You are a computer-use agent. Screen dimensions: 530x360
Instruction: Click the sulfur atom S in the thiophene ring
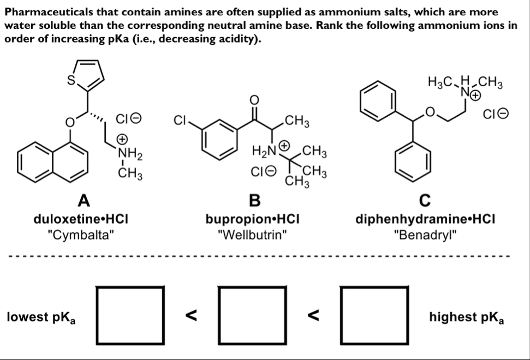71,80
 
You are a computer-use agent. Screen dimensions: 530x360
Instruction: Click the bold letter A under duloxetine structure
84,200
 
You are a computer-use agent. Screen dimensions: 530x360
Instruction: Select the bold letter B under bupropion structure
254,200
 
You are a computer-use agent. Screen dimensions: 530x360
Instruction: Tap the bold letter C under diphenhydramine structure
425,200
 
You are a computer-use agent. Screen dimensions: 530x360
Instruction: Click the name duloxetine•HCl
81,219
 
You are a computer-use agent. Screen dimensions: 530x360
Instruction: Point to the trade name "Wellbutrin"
253,235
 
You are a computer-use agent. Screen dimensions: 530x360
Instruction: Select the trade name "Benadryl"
425,235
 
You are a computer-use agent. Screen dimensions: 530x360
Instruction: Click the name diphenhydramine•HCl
425,219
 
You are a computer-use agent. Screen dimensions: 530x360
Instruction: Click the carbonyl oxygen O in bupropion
254,100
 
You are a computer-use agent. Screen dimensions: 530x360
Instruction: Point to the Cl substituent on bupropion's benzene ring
180,120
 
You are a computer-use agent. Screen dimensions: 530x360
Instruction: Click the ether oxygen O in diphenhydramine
430,112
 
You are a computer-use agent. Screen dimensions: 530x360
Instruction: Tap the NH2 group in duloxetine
130,154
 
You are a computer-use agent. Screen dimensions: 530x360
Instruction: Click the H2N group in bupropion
265,151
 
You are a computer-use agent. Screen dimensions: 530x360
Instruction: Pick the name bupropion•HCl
253,219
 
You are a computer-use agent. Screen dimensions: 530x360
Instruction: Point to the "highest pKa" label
467,317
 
